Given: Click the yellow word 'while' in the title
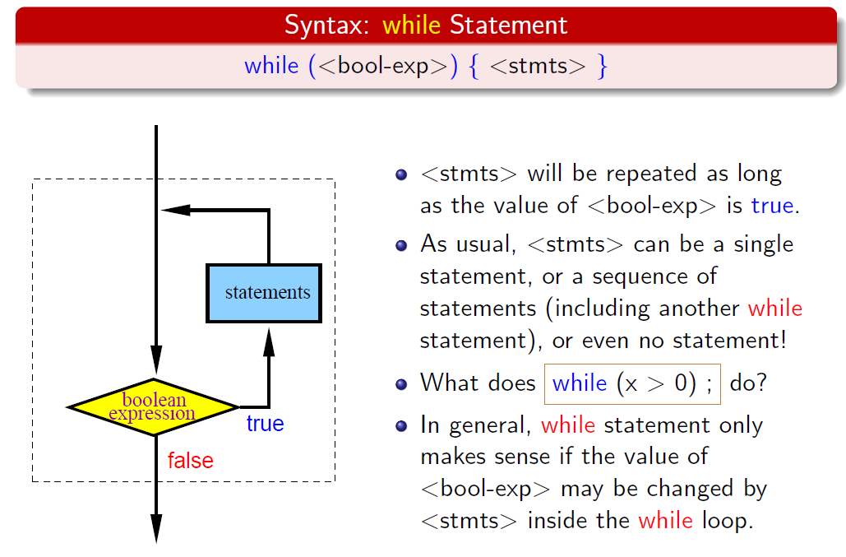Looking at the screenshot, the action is (411, 25).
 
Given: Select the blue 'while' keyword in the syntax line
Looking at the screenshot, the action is (271, 66).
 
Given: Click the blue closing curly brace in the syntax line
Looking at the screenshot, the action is (602, 67).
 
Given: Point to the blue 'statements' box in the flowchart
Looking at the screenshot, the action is (264, 293).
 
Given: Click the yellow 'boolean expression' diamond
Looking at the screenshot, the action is (153, 407).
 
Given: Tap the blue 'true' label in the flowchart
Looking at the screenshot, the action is (265, 424).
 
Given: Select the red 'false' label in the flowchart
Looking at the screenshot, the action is (191, 461).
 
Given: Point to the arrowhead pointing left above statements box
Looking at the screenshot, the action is (176, 210).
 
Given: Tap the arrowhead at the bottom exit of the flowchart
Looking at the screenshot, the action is (156, 529).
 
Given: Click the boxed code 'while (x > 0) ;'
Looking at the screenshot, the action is (632, 383).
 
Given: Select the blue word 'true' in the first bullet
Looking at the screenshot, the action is (772, 206).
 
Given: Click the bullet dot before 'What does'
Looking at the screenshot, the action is (401, 384).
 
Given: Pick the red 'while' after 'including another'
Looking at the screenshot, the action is (774, 309).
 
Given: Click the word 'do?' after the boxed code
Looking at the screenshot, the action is (748, 383).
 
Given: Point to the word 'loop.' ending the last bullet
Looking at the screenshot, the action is (728, 521).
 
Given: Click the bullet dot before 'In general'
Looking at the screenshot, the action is (401, 426).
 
